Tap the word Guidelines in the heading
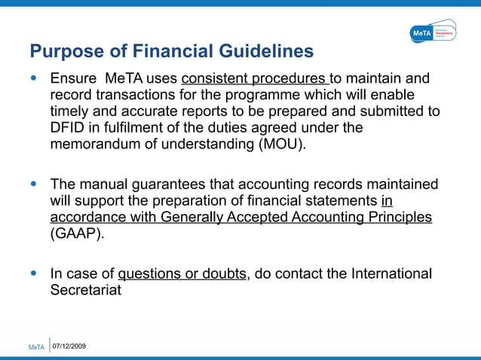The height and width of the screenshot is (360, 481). pos(263,52)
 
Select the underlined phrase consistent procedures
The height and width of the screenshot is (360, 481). pos(255,78)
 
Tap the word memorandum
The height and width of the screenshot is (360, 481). pos(97,145)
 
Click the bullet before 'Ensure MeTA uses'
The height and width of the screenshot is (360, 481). pos(34,78)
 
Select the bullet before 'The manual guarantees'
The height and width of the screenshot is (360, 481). pos(34,185)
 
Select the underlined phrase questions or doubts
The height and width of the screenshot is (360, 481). pos(182,273)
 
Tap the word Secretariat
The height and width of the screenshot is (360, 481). pos(85,290)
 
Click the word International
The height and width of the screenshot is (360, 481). pos(391,273)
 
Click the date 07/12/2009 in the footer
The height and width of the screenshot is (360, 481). pos(69,346)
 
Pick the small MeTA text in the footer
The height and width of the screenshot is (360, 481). pos(36,347)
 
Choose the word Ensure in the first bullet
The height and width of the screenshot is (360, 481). pos(73,78)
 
